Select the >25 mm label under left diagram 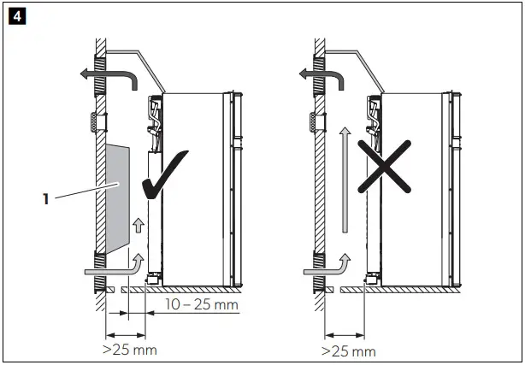[x=128, y=349]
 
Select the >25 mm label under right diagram [x=347, y=350]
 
